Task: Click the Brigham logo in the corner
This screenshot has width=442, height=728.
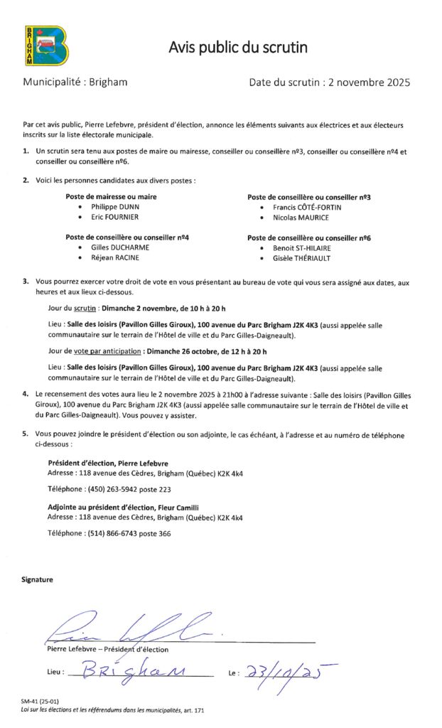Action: (x=45, y=45)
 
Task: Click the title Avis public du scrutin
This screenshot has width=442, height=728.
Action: (x=238, y=48)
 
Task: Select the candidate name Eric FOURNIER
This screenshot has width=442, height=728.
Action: (x=114, y=217)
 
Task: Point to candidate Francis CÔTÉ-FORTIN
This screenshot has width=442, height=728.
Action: (x=307, y=207)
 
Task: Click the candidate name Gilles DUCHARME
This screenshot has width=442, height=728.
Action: (x=120, y=247)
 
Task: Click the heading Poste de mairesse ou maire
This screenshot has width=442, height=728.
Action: (x=111, y=196)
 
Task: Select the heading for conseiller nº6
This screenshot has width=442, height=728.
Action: (x=308, y=237)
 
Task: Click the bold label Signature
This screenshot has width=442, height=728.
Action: (x=37, y=579)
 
